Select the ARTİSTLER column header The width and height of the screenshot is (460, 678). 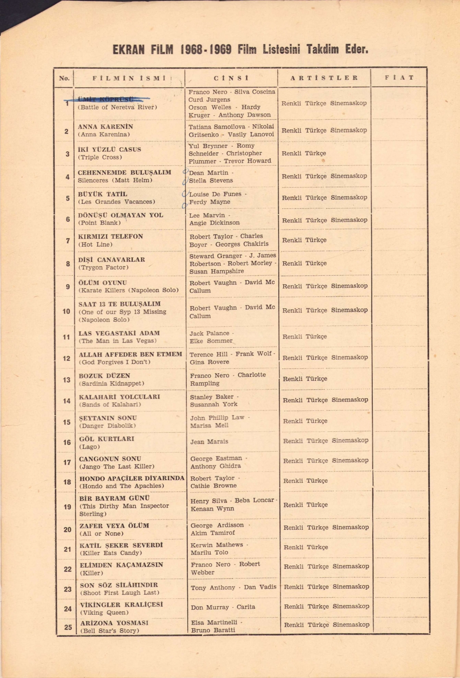pyautogui.click(x=324, y=78)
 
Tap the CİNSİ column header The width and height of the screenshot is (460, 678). pyautogui.click(x=231, y=78)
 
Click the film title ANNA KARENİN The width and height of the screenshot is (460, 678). pyautogui.click(x=105, y=127)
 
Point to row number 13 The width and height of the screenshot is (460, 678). pyautogui.click(x=66, y=380)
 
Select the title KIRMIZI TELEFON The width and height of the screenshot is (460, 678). pyautogui.click(x=110, y=236)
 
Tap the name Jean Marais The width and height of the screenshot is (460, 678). pyautogui.click(x=209, y=442)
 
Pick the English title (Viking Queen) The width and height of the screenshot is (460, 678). pyautogui.click(x=104, y=612)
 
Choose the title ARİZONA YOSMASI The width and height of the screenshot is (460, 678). pyautogui.click(x=114, y=623)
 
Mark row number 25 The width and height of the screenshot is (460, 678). pyautogui.click(x=68, y=627)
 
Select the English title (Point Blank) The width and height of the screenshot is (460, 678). pyautogui.click(x=100, y=223)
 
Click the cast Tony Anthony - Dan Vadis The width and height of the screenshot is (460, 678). pyautogui.click(x=233, y=587)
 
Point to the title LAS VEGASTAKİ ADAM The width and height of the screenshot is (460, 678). pyautogui.click(x=119, y=333)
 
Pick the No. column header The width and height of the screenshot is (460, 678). pyautogui.click(x=64, y=78)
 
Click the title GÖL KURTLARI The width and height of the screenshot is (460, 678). pyautogui.click(x=107, y=439)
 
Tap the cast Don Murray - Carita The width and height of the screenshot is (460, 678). pyautogui.click(x=223, y=607)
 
